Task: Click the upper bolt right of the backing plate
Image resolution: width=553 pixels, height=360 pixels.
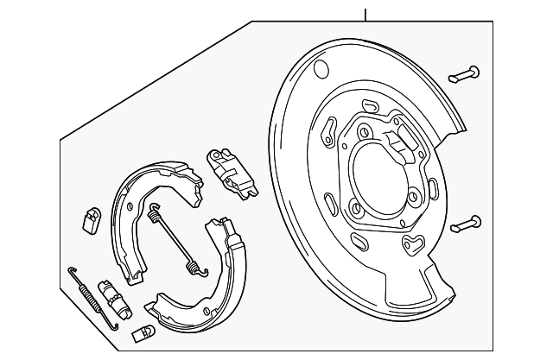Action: [467, 74]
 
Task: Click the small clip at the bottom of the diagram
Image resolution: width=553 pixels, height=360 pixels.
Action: [143, 332]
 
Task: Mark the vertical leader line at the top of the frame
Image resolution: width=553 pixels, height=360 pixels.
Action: [365, 14]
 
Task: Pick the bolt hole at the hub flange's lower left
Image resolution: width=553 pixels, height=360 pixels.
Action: [355, 206]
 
